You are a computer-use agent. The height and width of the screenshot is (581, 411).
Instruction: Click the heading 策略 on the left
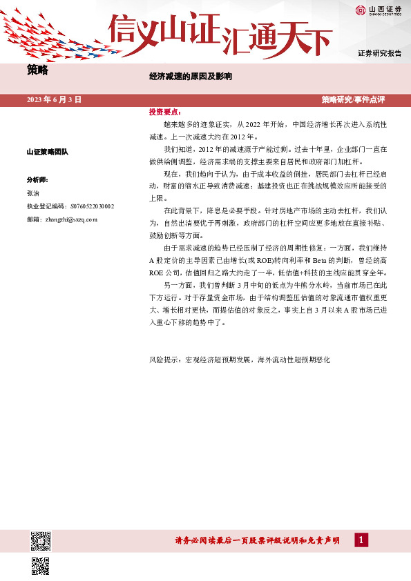click(37, 70)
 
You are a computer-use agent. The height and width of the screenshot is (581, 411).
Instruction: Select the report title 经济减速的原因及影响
click(191, 76)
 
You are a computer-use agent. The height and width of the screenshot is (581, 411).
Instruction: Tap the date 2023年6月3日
click(54, 99)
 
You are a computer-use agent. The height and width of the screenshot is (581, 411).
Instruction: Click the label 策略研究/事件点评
click(353, 99)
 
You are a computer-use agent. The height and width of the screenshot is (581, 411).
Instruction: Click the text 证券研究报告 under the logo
click(380, 53)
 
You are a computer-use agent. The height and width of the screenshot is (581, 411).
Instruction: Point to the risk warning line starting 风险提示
click(240, 360)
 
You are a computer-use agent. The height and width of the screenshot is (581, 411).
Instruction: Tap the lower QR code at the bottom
click(41, 566)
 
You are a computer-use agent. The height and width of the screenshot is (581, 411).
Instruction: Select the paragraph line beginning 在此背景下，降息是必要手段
click(276, 210)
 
